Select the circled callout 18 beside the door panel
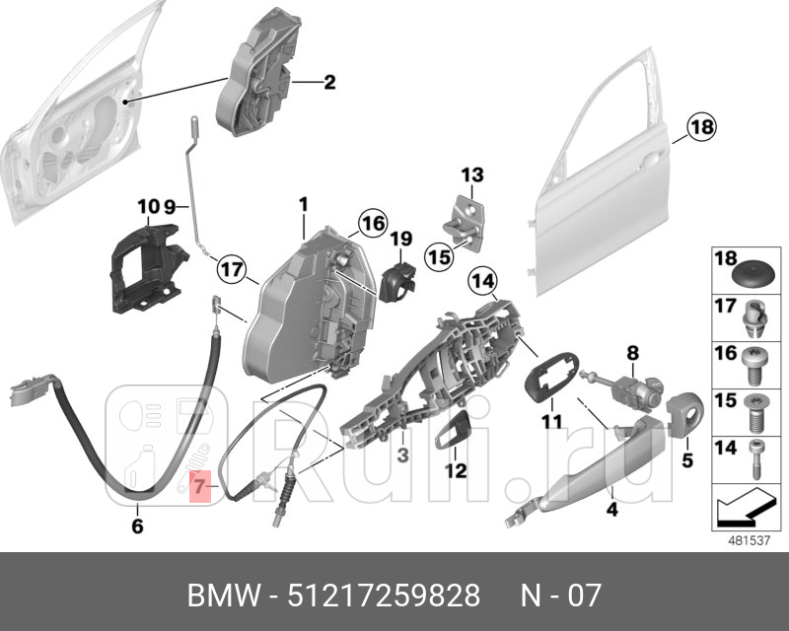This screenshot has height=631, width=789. pyautogui.click(x=701, y=127)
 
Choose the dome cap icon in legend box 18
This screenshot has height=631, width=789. pyautogui.click(x=754, y=270)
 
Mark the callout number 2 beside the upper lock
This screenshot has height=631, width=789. pyautogui.click(x=329, y=83)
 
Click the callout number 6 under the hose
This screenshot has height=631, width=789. pyautogui.click(x=136, y=527)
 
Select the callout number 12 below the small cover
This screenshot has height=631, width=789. pyautogui.click(x=455, y=471)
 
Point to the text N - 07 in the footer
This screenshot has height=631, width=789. pyautogui.click(x=560, y=596)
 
